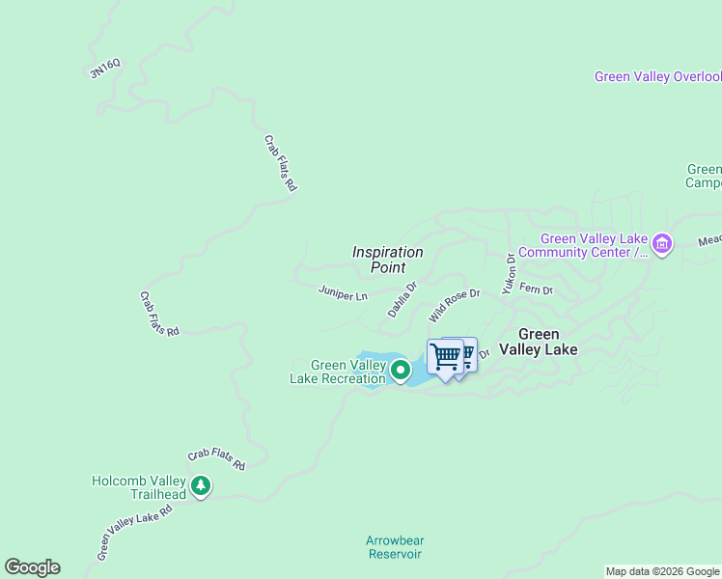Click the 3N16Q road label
click(x=105, y=68)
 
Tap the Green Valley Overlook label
click(x=657, y=77)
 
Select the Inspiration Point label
click(x=387, y=259)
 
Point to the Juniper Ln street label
click(x=343, y=292)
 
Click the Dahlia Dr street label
click(x=402, y=299)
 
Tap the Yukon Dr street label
click(x=509, y=273)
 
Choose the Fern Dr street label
click(x=536, y=289)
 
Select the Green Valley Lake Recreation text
click(x=338, y=372)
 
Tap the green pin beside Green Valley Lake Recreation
click(x=400, y=369)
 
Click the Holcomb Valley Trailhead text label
click(x=138, y=487)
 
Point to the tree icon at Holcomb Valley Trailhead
click(x=200, y=485)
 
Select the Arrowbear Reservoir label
click(x=394, y=547)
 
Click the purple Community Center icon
click(x=662, y=244)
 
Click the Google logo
click(x=32, y=567)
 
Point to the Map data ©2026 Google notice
click(x=662, y=571)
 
